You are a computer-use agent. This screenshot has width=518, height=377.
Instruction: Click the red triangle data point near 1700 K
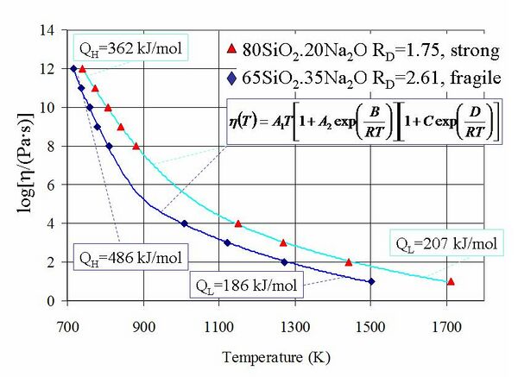[451, 281]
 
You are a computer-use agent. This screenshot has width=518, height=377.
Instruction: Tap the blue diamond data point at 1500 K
[371, 281]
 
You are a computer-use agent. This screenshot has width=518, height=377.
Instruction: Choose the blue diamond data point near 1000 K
[184, 223]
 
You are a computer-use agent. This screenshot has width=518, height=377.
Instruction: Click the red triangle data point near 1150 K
[238, 223]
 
